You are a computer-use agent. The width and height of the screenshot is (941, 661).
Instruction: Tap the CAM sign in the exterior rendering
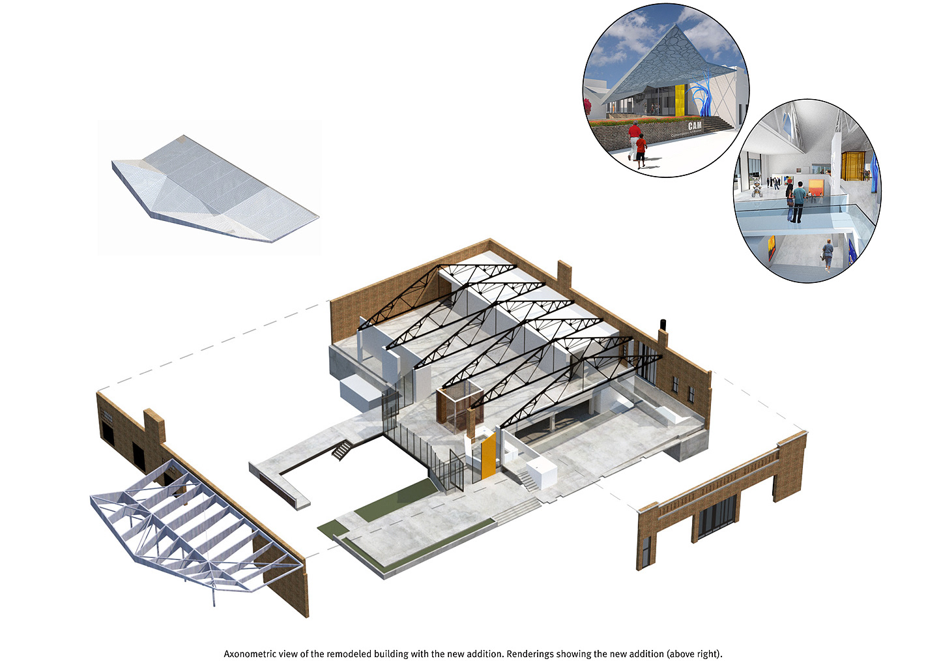695,125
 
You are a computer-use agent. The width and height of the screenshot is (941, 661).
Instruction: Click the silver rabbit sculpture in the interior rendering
757,189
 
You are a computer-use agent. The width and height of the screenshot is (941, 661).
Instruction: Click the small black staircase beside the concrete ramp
341,449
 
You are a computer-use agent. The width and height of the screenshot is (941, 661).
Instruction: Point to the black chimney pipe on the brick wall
663,324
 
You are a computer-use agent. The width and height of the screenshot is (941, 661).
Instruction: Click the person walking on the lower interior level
828,254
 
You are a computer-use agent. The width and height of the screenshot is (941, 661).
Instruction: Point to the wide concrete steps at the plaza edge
515,511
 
